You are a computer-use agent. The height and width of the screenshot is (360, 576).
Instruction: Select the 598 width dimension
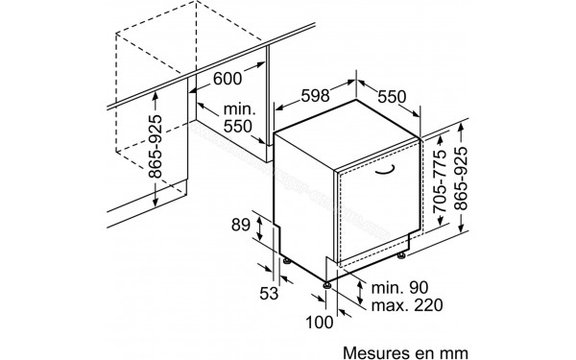317,96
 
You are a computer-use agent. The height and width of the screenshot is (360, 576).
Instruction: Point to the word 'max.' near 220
367,306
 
